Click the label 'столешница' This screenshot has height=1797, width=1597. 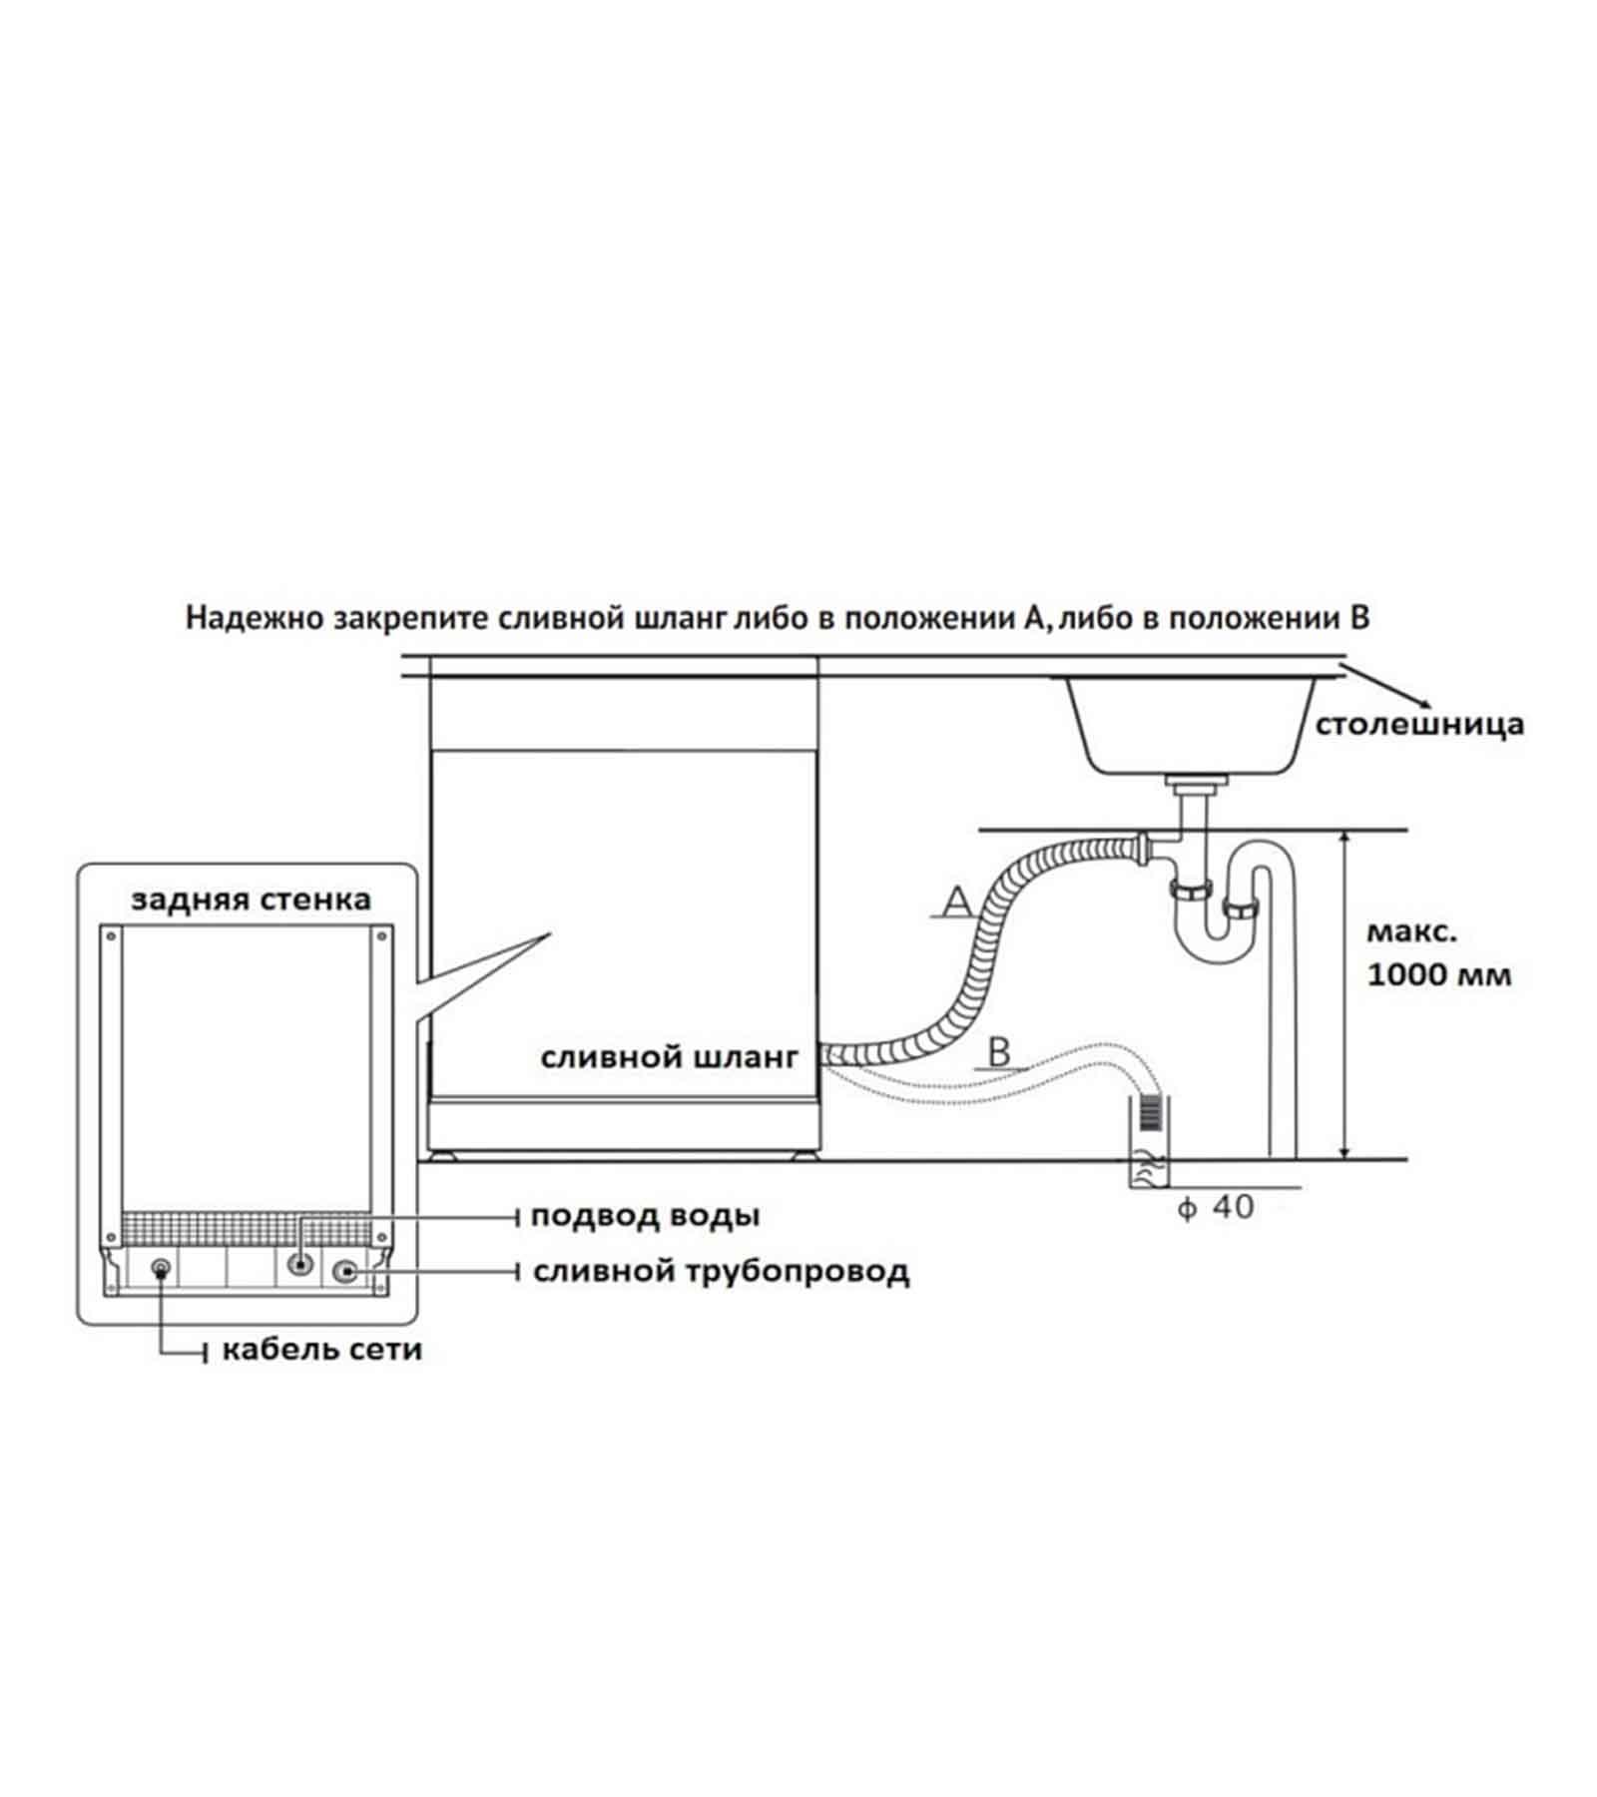(x=1418, y=725)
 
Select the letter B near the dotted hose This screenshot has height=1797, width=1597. (x=999, y=1052)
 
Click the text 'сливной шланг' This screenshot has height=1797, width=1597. (x=670, y=1057)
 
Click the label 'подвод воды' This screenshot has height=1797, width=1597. (x=645, y=1216)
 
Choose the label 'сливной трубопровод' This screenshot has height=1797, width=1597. (x=721, y=1272)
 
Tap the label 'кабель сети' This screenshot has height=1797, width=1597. (x=321, y=1351)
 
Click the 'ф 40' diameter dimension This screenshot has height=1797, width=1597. (x=1216, y=1207)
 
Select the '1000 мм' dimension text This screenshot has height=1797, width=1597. (x=1438, y=974)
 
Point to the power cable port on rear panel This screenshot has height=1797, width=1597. (x=161, y=1269)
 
